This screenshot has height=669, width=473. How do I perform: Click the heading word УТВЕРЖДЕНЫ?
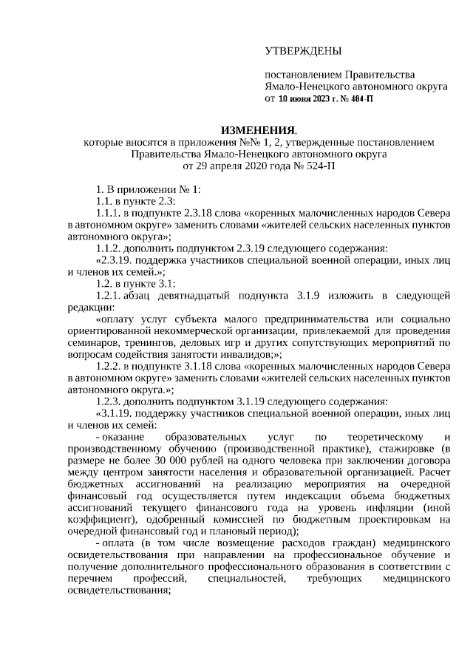click(x=303, y=51)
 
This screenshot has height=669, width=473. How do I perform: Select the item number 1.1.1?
click(x=109, y=213)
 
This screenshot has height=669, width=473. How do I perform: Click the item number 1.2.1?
click(x=109, y=296)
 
